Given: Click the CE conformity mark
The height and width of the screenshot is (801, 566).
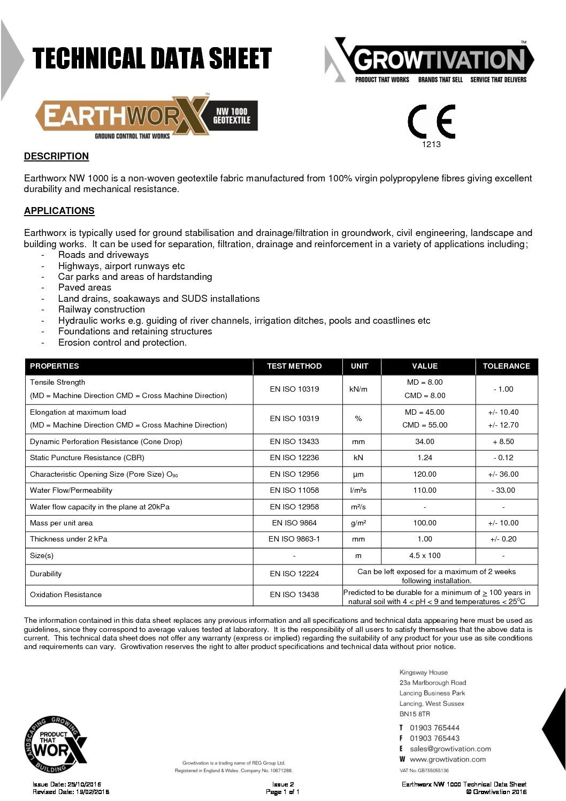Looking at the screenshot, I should pos(431,121).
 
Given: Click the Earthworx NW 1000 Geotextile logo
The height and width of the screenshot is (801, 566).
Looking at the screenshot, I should pos(146,116).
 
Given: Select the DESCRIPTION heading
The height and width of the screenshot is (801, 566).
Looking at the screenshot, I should pos(56,156).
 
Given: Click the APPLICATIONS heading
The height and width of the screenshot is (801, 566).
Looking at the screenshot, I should pos(59,211).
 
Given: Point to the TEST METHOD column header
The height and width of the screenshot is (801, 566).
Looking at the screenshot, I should pos(294,366).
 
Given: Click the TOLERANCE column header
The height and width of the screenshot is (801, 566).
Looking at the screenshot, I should pos(506,366).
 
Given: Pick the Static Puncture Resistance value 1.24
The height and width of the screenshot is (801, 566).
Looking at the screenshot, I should pos(425,457).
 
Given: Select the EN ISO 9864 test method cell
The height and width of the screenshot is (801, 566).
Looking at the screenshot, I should pos(294,523).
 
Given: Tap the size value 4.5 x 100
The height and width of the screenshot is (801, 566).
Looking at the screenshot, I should pos(425,555).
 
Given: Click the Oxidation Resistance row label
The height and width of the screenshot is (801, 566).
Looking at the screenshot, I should pos(66,594).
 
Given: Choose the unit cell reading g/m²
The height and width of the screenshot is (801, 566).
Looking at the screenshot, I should pos(358,523).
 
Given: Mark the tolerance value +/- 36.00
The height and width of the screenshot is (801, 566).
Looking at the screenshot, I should pos(503,474).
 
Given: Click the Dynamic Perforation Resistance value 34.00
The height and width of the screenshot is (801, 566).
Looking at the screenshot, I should pos(425,441).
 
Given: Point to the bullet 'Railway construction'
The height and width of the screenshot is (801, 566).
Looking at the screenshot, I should pos(102,309).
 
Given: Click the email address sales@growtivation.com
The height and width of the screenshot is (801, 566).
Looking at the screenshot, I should pos(450,749).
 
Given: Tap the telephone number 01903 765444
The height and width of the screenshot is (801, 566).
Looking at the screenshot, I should pos(434,728).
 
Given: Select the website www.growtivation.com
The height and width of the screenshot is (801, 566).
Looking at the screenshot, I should pos(448,759).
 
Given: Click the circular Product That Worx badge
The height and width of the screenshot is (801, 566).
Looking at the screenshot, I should pos(55,744).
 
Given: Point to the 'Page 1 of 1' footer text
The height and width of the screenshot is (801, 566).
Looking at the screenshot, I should pos(282,792).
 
